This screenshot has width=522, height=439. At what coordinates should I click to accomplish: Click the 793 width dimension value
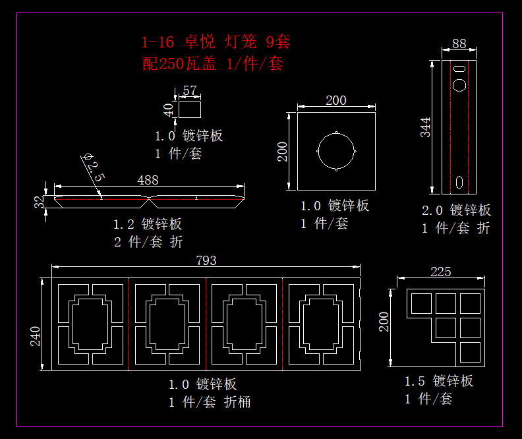206,260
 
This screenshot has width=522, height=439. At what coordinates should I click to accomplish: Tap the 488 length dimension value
148,180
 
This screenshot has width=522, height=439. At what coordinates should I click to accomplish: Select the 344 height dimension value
426,127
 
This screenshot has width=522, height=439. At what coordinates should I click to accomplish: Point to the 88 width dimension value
459,44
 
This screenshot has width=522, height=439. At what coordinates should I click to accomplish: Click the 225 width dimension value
440,272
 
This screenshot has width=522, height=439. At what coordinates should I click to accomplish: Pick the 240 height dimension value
36,336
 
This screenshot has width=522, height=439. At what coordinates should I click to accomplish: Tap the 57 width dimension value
190,90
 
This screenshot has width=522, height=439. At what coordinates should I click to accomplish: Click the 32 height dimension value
40,202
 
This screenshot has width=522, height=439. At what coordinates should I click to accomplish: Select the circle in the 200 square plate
336,151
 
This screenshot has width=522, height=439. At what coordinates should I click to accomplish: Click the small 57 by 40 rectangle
190,109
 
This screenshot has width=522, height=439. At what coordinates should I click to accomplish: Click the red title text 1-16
158,43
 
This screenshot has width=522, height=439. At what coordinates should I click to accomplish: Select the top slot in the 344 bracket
464,67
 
